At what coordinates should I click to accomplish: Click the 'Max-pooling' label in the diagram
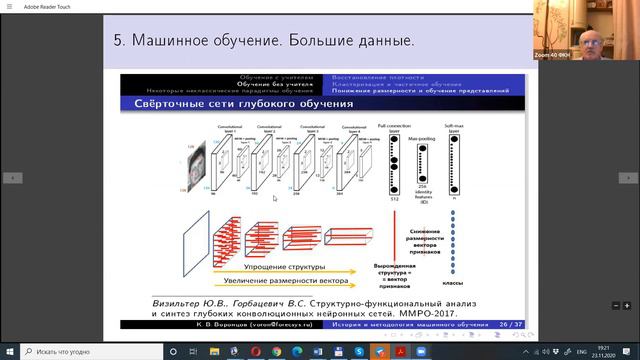coord(423,127)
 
